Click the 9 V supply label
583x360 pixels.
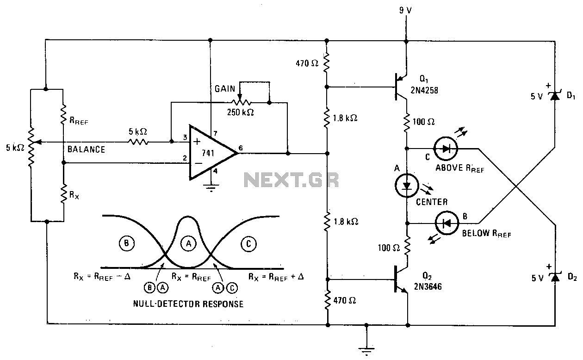click(x=405, y=11)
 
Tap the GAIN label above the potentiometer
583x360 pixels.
click(x=225, y=89)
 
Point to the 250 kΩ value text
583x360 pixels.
click(x=240, y=112)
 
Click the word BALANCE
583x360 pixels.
click(x=86, y=149)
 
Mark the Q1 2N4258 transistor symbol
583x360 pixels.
click(x=400, y=87)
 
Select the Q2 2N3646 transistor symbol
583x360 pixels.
click(x=400, y=279)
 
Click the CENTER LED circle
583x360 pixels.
click(x=407, y=186)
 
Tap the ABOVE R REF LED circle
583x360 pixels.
click(x=445, y=149)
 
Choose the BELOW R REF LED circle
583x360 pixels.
click(x=447, y=223)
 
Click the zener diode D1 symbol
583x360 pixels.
click(x=555, y=96)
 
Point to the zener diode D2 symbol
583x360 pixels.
click(x=555, y=278)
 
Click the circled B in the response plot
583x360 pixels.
click(x=126, y=243)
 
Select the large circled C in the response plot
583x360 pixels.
click(x=248, y=244)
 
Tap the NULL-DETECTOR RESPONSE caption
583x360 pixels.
click(x=188, y=304)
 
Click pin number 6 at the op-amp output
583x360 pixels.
click(x=241, y=148)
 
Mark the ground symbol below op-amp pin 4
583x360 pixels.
click(x=211, y=187)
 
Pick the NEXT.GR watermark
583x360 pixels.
click(x=291, y=180)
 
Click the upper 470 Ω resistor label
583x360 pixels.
click(x=307, y=63)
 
